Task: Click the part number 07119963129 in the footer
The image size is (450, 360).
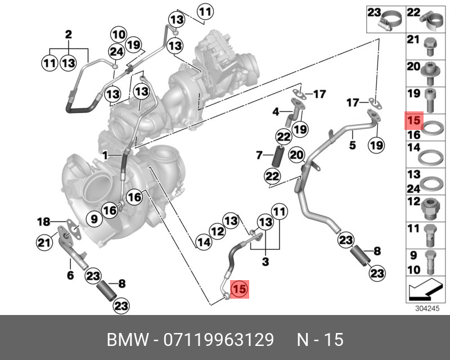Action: coord(219,340)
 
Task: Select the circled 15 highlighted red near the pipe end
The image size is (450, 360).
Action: coord(240,289)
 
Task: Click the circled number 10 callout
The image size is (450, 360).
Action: coord(118,33)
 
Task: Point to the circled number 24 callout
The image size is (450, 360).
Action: coord(116,52)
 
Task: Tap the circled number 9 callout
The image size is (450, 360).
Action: coord(94,218)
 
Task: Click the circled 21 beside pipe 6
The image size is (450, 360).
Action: coord(44,242)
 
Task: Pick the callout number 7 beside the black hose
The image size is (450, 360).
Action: coord(259,154)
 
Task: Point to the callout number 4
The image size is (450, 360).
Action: coord(276,112)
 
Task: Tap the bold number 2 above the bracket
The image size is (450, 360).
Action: coord(69,35)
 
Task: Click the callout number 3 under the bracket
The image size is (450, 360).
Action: coord(265,262)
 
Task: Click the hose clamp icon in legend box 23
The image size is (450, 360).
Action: coord(391,22)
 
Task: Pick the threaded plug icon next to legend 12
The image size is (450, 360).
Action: coord(429,207)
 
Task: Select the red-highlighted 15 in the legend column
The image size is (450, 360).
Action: coord(413,120)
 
